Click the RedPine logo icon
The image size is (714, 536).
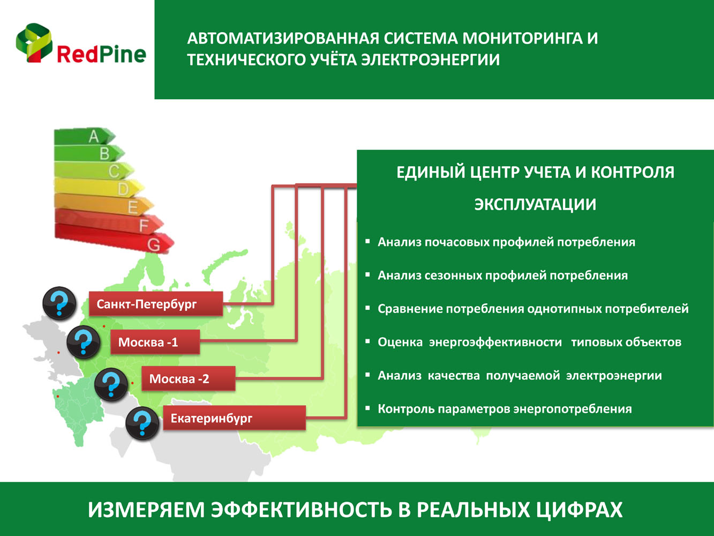tap(34, 43)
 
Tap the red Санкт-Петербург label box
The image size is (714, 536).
tap(156, 303)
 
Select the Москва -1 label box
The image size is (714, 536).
tap(155, 342)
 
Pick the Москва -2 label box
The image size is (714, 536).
tap(189, 378)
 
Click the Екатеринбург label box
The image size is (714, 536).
tap(234, 418)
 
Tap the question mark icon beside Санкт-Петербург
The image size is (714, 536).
tap(59, 303)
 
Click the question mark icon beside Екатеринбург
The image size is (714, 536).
tap(142, 423)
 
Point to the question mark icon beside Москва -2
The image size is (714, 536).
tap(111, 384)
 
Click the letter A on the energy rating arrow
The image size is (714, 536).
tap(94, 136)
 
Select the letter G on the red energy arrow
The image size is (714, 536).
tap(154, 245)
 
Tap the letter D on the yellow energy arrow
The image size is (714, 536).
tap(123, 189)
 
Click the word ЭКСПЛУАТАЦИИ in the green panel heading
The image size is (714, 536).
tap(535, 204)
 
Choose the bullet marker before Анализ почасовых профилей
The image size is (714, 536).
tap(367, 241)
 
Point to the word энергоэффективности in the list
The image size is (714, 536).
tap(495, 342)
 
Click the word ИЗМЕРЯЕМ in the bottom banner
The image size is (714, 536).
tap(146, 510)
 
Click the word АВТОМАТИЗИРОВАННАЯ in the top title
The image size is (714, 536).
tap(283, 39)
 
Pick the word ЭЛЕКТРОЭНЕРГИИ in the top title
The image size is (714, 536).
tap(430, 60)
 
